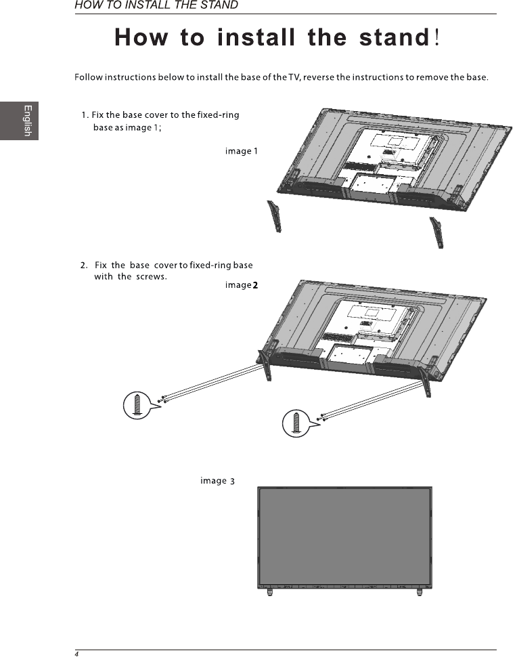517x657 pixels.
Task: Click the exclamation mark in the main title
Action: [439, 37]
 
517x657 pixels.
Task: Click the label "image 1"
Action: [242, 151]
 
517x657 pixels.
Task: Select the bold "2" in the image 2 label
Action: [256, 285]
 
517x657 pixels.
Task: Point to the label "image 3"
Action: [217, 481]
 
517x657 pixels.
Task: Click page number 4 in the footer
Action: [77, 654]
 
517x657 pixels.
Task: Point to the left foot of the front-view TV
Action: [269, 592]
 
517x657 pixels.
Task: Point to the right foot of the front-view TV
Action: [420, 592]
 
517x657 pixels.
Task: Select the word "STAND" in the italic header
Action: [219, 5]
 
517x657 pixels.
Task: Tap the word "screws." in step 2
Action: [152, 276]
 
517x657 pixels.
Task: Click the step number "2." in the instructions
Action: [85, 265]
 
